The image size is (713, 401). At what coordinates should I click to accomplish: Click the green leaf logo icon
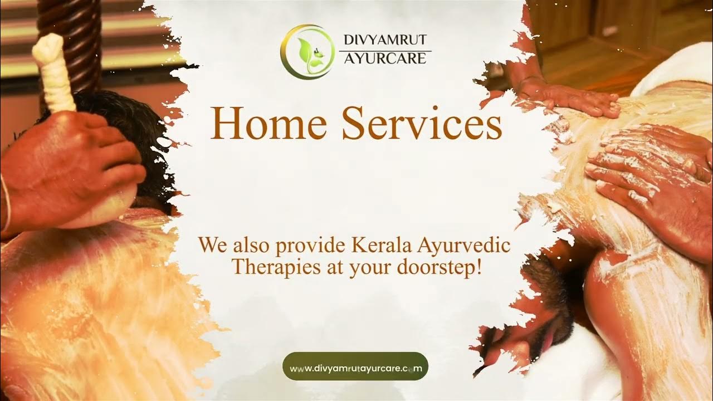[307, 51]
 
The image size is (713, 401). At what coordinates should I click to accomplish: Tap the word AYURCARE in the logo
[384, 58]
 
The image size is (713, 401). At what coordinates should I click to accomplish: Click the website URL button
[355, 368]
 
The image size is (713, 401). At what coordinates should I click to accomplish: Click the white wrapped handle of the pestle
[53, 72]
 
